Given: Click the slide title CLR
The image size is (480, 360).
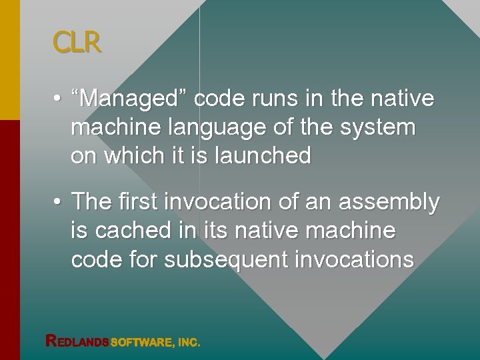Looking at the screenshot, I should [x=77, y=43].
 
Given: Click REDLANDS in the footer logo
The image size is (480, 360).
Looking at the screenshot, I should [x=77, y=342].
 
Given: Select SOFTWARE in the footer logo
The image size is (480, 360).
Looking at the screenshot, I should [x=141, y=343].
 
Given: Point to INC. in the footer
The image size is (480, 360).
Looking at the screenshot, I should [x=189, y=343].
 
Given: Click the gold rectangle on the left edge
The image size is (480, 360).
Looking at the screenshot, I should [x=10, y=60].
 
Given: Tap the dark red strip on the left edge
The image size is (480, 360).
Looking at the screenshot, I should [x=10, y=240].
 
